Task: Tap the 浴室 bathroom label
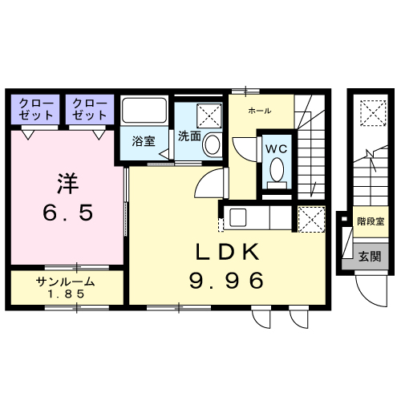tap(144, 140)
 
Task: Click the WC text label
tap(276, 149)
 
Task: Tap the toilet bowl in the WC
tap(276, 170)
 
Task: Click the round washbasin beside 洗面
tap(212, 145)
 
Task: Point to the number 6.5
tap(68, 213)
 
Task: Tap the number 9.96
tap(227, 281)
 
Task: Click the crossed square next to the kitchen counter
tap(310, 218)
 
